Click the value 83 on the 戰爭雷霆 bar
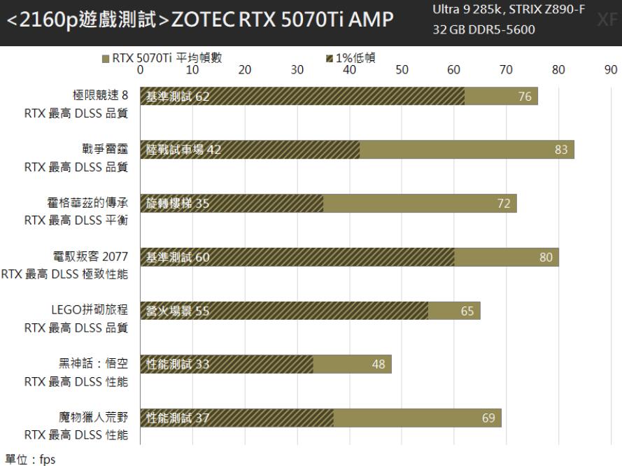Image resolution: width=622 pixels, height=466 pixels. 561,150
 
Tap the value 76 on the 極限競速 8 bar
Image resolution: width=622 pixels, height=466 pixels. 525,97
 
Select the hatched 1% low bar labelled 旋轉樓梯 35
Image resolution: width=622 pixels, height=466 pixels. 232,204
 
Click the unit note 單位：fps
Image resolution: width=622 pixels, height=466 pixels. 28,459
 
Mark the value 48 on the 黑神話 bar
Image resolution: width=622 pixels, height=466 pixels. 378,364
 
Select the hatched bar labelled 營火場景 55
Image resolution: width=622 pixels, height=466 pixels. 284,311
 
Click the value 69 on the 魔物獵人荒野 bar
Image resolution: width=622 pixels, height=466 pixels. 488,418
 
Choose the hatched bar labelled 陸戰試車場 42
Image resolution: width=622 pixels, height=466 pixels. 250,150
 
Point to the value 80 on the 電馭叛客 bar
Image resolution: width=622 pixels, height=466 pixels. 546,257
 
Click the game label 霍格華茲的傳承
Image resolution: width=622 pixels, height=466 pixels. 87,204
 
